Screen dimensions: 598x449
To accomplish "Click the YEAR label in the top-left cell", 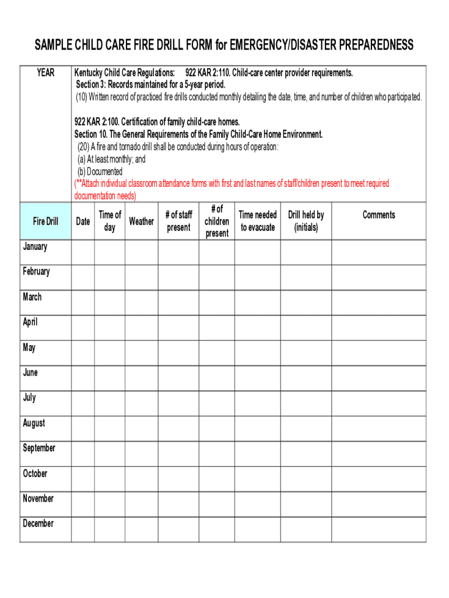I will (45, 72).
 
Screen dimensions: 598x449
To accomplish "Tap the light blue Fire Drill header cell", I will (45, 221).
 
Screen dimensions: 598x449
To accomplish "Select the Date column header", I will (83, 221).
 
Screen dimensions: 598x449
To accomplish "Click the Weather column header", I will (141, 221).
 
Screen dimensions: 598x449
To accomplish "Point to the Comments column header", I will (378, 215).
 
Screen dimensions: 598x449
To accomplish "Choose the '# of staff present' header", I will (178, 221).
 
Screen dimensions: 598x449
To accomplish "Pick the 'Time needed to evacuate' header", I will (257, 221).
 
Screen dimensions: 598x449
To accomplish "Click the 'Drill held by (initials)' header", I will (306, 221).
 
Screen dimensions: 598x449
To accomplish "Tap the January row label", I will (35, 246).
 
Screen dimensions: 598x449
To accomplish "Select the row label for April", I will (30, 322).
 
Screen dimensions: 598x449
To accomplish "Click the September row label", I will (39, 448).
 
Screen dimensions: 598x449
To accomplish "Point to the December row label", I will (38, 523).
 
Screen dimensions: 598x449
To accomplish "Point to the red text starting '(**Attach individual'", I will (231, 183).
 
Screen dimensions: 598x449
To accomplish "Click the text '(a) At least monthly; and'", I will (111, 159).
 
